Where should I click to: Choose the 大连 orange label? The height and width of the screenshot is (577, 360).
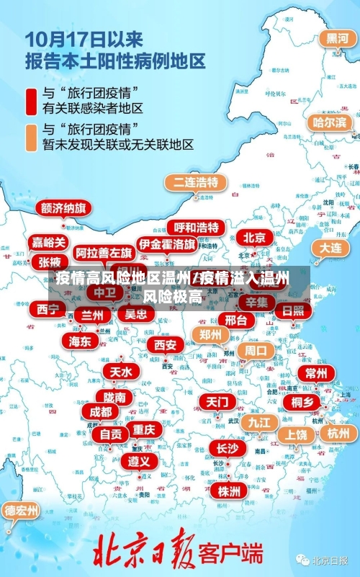click(330, 247)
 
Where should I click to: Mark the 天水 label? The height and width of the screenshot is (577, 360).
click(120, 372)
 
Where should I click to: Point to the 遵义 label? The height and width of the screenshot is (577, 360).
click(139, 460)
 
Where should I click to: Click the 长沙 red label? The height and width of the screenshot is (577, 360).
click(228, 448)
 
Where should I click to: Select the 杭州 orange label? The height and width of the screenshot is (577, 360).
click(338, 433)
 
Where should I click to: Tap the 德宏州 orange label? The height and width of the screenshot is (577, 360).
click(22, 511)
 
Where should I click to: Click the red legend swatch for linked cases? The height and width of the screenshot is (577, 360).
click(31, 101)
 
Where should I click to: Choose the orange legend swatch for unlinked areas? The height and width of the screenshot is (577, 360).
click(31, 138)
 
